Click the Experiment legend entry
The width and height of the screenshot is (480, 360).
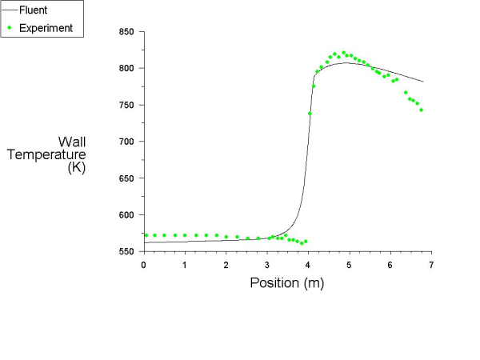pos(46,28)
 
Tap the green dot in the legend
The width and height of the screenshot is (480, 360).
pos(10,28)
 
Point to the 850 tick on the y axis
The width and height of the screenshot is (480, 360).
pos(127,32)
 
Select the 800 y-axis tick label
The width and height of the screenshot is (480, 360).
pos(127,69)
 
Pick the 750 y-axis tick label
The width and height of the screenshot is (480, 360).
pos(127,105)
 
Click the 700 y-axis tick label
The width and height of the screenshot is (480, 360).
pos(127,142)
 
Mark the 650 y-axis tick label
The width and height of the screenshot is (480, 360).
pos(127,178)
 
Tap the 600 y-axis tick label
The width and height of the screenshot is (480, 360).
pos(127,215)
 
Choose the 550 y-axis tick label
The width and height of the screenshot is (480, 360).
pos(127,251)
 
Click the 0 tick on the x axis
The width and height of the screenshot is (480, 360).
pos(144,265)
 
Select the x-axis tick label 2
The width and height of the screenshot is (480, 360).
pos(226,265)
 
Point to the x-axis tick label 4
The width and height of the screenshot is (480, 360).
pos(308,265)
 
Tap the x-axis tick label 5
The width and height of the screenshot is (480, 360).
pos(350,265)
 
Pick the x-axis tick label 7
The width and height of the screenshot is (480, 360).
pos(432,265)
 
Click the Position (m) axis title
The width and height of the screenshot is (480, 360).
pos(287,282)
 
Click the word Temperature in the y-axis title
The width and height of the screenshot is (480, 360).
pos(46,154)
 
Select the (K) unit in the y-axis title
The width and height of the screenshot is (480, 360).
pos(77,168)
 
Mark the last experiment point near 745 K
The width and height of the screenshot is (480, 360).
pos(421,110)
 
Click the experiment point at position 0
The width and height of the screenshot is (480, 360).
pos(146,235)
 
